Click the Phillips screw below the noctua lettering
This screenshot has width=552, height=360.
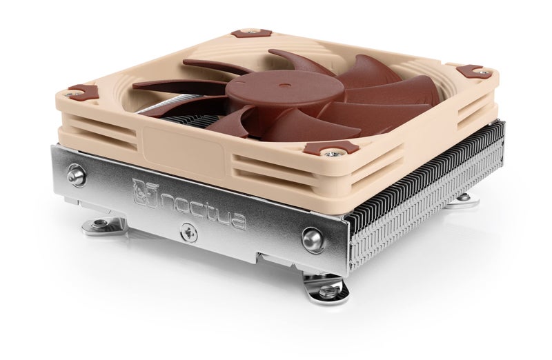coord(186,232)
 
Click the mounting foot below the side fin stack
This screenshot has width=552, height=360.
coord(462,199)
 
